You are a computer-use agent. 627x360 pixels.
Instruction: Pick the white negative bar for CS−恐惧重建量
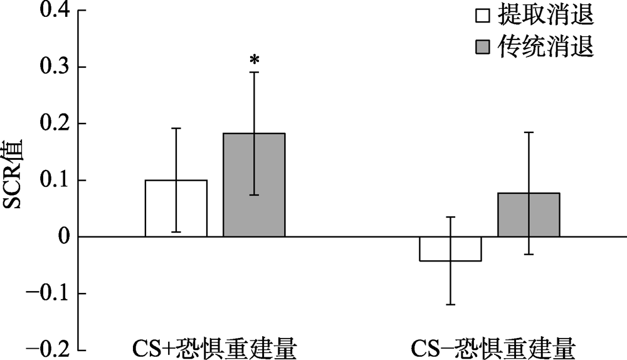coord(450,249)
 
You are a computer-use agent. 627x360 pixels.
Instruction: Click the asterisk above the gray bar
coord(254,60)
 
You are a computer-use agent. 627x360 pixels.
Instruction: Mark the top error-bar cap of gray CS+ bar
coord(254,72)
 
